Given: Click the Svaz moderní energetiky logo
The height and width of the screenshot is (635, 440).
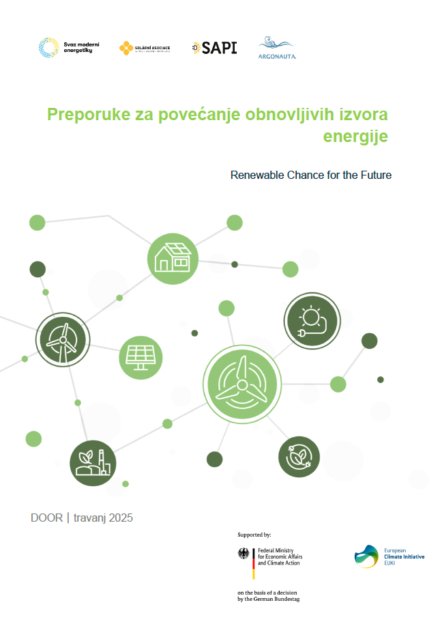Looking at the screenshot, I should pyautogui.click(x=69, y=48).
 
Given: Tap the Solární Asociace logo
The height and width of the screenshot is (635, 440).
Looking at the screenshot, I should pyautogui.click(x=145, y=48).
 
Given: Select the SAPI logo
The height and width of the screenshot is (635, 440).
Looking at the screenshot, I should pyautogui.click(x=214, y=48).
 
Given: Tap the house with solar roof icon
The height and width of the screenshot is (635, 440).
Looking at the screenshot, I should pyautogui.click(x=173, y=258).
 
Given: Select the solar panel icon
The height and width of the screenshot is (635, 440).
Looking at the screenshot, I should pyautogui.click(x=141, y=357).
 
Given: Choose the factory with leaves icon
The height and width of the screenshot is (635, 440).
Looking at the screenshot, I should pyautogui.click(x=93, y=463).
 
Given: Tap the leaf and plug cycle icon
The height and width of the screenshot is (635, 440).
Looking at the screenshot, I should pyautogui.click(x=299, y=457).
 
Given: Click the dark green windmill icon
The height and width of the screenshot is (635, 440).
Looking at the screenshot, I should pyautogui.click(x=63, y=340).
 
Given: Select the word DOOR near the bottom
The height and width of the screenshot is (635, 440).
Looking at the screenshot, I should pyautogui.click(x=46, y=518).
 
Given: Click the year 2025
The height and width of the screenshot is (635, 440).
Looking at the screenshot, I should pyautogui.click(x=119, y=518).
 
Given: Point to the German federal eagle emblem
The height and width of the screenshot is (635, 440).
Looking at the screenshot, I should pyautogui.click(x=244, y=554).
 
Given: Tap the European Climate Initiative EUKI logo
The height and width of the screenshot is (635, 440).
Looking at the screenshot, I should pyautogui.click(x=390, y=556).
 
